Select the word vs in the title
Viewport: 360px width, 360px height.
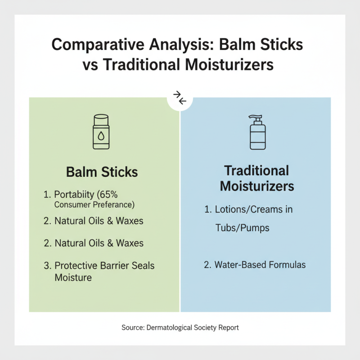pyautogui.click(x=90, y=65)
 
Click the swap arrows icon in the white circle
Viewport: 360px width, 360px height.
pyautogui.click(x=180, y=98)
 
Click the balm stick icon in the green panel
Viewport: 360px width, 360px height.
pyautogui.click(x=101, y=131)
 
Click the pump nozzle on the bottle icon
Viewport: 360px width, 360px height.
pyautogui.click(x=258, y=118)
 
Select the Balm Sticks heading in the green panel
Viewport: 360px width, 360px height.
pyautogui.click(x=102, y=172)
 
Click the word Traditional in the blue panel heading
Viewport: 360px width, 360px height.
pyautogui.click(x=256, y=171)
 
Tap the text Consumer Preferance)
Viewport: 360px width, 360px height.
pyautogui.click(x=95, y=205)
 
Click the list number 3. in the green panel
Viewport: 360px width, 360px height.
pyautogui.click(x=48, y=265)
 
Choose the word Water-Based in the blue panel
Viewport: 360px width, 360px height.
pyautogui.click(x=240, y=265)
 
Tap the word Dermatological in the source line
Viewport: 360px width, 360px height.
pyautogui.click(x=173, y=328)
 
